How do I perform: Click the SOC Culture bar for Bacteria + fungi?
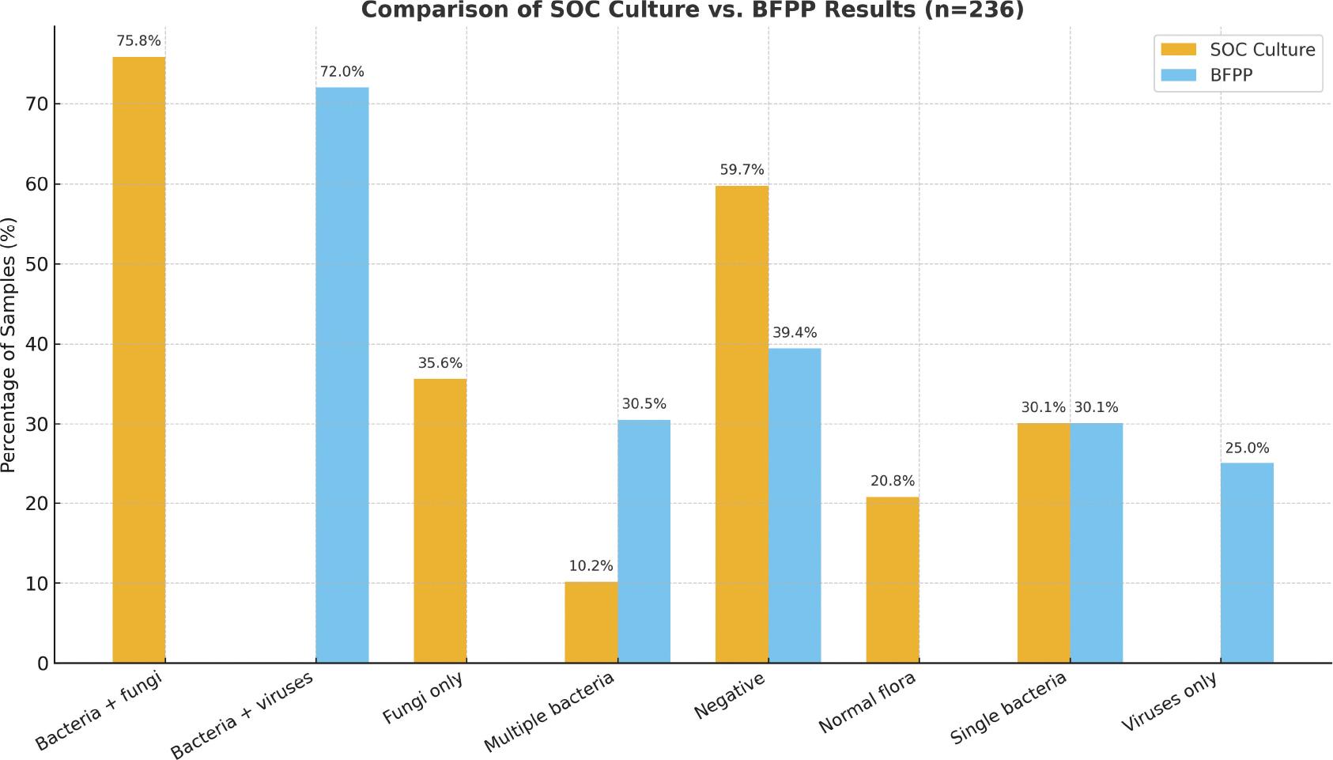pos(139,360)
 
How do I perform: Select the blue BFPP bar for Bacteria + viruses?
pos(342,375)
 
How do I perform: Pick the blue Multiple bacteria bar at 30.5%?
pos(644,541)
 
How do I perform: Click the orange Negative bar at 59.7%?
pos(742,424)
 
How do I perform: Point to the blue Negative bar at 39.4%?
pos(795,505)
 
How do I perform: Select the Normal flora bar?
pos(893,580)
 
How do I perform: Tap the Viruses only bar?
pos(1247,562)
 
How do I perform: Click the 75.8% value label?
pos(138,41)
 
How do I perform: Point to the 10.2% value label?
pos(591,566)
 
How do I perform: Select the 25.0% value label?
pos(1247,448)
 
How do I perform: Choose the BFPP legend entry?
pos(1231,75)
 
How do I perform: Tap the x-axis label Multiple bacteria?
pos(550,713)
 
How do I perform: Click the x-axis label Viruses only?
pos(1170,703)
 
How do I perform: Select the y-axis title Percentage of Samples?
pos(9,345)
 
